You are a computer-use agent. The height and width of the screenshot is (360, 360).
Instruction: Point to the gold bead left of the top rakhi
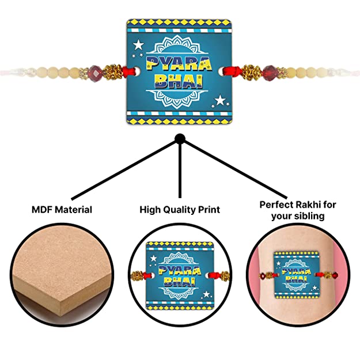point(112,71)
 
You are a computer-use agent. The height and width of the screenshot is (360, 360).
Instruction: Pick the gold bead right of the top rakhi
point(251,71)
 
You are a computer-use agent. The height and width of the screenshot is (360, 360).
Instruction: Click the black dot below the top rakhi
point(180,138)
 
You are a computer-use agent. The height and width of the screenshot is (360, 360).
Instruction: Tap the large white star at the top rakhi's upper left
point(139,44)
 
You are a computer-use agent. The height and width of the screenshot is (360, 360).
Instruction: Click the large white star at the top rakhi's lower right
point(220,100)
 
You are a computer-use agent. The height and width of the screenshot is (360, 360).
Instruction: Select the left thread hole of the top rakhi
point(137,71)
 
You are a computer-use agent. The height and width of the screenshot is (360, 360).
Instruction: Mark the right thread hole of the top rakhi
point(221,71)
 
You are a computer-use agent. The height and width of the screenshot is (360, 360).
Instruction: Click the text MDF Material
point(62,210)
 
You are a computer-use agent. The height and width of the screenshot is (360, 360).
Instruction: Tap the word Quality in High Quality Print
point(176,210)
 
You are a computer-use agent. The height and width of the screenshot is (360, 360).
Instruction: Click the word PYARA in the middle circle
point(180,271)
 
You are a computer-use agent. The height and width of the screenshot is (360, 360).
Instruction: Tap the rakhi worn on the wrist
point(297,275)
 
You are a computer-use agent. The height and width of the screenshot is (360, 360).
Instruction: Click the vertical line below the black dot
point(180,170)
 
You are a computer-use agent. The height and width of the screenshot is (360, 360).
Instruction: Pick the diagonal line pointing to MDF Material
point(124,170)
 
